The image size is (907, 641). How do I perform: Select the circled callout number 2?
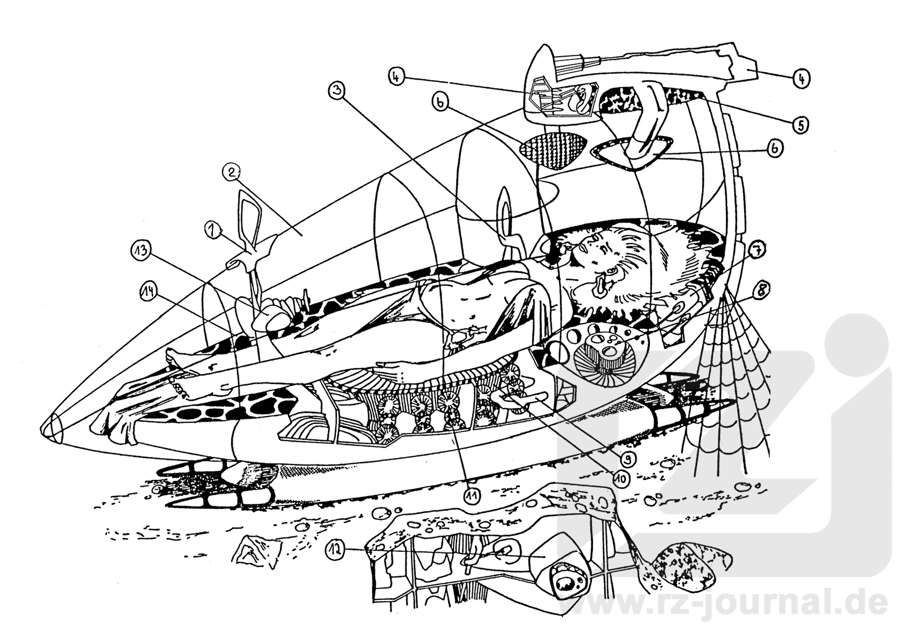tap(231, 173)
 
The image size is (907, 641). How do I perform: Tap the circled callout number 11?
tap(471, 495)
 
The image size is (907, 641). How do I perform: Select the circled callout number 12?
tap(335, 550)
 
